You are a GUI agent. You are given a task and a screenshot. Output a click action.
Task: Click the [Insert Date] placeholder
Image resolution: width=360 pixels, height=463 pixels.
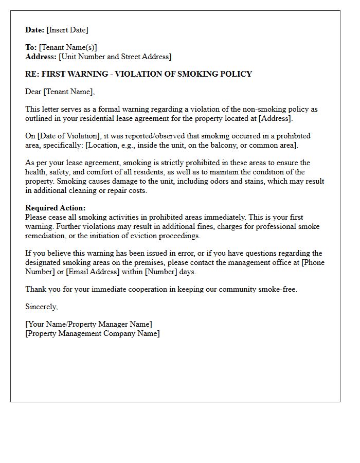point(67,30)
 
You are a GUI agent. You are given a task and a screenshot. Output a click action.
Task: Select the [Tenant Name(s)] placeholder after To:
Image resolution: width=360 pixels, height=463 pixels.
point(68,47)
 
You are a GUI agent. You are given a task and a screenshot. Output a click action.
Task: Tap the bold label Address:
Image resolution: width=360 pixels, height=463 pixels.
point(41,57)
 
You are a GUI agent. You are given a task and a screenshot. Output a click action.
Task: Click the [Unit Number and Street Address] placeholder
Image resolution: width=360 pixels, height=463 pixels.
point(115,57)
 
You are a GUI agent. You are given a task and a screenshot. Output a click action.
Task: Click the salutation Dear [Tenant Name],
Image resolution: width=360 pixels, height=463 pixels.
point(60,92)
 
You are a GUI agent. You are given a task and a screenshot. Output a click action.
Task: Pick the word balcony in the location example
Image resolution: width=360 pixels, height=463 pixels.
point(220,145)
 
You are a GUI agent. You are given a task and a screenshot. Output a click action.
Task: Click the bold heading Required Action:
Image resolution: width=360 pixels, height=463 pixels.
point(56,208)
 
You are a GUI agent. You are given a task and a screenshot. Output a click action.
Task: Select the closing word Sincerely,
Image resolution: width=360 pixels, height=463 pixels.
point(42,307)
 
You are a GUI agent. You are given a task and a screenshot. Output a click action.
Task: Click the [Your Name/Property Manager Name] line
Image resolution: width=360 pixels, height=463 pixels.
point(88,324)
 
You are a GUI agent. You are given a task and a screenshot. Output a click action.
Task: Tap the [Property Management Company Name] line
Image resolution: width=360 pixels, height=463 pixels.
point(93,333)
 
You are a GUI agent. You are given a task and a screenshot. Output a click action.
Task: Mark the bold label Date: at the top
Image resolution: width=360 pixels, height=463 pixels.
point(35,30)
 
